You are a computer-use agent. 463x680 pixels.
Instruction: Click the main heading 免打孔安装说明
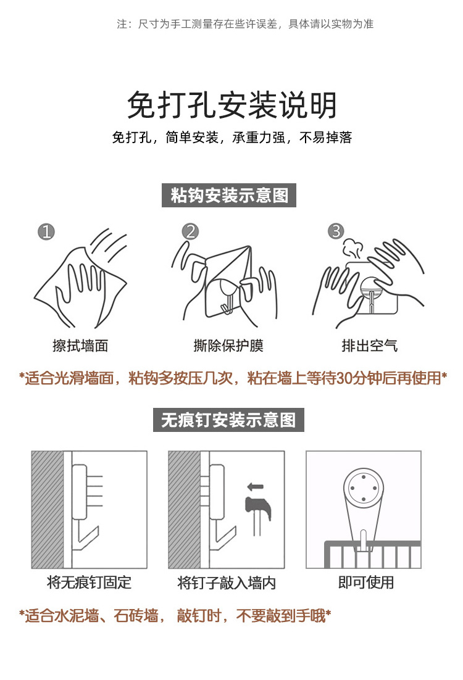pyautogui.click(x=231, y=105)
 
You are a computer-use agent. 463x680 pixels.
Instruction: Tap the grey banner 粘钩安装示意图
pyautogui.click(x=228, y=195)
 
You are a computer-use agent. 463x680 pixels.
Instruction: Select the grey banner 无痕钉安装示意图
pyautogui.click(x=228, y=420)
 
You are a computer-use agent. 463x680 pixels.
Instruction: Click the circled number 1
pyautogui.click(x=46, y=231)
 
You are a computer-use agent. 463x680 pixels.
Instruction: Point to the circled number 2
pyautogui.click(x=191, y=231)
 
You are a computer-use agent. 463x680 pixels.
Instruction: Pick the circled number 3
pyautogui.click(x=336, y=231)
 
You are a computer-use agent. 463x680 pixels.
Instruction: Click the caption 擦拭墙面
pyautogui.click(x=80, y=346)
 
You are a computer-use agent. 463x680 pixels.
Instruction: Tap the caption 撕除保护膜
pyautogui.click(x=228, y=346)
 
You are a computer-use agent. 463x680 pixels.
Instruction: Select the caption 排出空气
pyautogui.click(x=369, y=346)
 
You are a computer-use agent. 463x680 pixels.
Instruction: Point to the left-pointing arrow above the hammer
pyautogui.click(x=255, y=487)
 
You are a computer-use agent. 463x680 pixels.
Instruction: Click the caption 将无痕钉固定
pyautogui.click(x=89, y=582)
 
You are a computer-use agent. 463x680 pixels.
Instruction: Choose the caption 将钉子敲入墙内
pyautogui.click(x=227, y=583)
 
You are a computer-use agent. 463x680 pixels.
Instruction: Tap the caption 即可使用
pyautogui.click(x=366, y=582)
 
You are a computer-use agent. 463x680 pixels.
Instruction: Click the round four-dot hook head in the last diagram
pyautogui.click(x=364, y=488)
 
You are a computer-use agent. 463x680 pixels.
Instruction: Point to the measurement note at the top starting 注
pyautogui.click(x=245, y=24)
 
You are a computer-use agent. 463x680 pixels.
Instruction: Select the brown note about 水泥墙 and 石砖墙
pyautogui.click(x=175, y=615)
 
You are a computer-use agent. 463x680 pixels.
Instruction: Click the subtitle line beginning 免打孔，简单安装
pyautogui.click(x=231, y=138)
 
